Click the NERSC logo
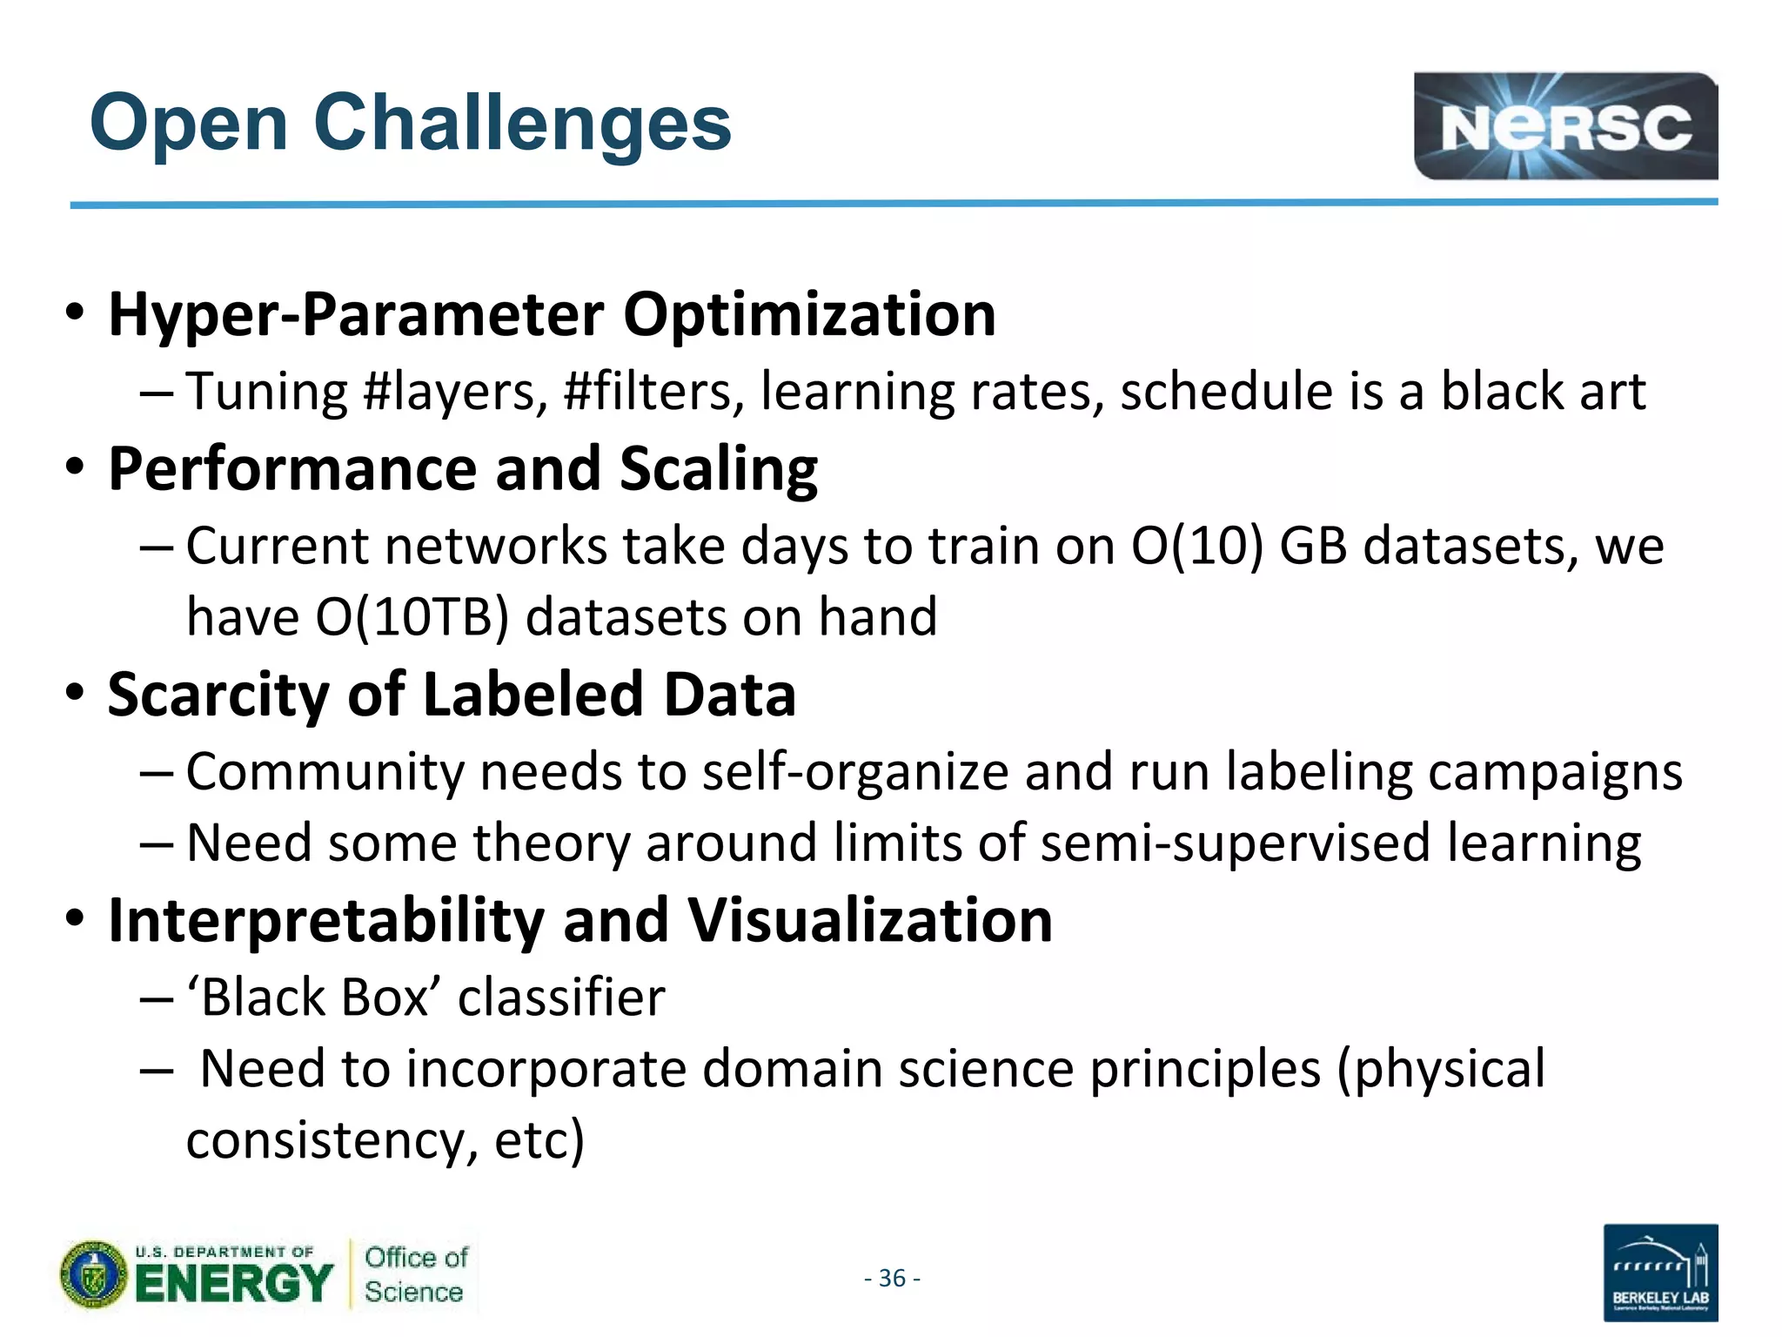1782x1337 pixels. coord(1564,127)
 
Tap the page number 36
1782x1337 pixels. coord(892,1278)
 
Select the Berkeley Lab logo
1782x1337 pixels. coord(1660,1273)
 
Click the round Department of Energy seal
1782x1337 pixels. coord(94,1275)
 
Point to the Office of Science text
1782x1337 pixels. coord(415,1274)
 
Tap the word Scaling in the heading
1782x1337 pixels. coord(718,469)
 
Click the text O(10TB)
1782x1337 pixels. coord(411,617)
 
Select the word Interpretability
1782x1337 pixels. coord(325,921)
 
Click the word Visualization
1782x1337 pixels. coord(870,921)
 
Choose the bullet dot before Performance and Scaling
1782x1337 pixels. coord(75,467)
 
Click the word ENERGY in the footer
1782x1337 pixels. coord(233,1284)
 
